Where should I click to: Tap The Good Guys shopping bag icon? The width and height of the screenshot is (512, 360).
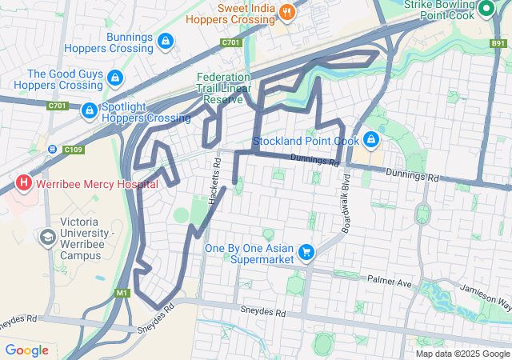pos(115,78)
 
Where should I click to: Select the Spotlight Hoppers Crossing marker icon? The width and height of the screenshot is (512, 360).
pos(89,111)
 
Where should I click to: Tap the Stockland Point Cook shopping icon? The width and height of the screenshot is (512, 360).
pos(370,141)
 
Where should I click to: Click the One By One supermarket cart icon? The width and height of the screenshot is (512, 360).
pos(305,254)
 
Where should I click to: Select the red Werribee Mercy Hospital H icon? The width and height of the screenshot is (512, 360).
pos(23,183)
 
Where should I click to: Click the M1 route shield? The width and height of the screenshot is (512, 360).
pos(122,293)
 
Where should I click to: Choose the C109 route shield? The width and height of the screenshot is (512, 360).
pos(74,149)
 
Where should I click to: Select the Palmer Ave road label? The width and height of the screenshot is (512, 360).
pos(389,282)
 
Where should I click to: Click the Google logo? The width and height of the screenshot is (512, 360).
pos(26,350)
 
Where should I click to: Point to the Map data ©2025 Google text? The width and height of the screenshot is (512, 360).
pos(462,354)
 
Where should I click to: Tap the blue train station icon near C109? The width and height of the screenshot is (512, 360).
pos(54,149)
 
